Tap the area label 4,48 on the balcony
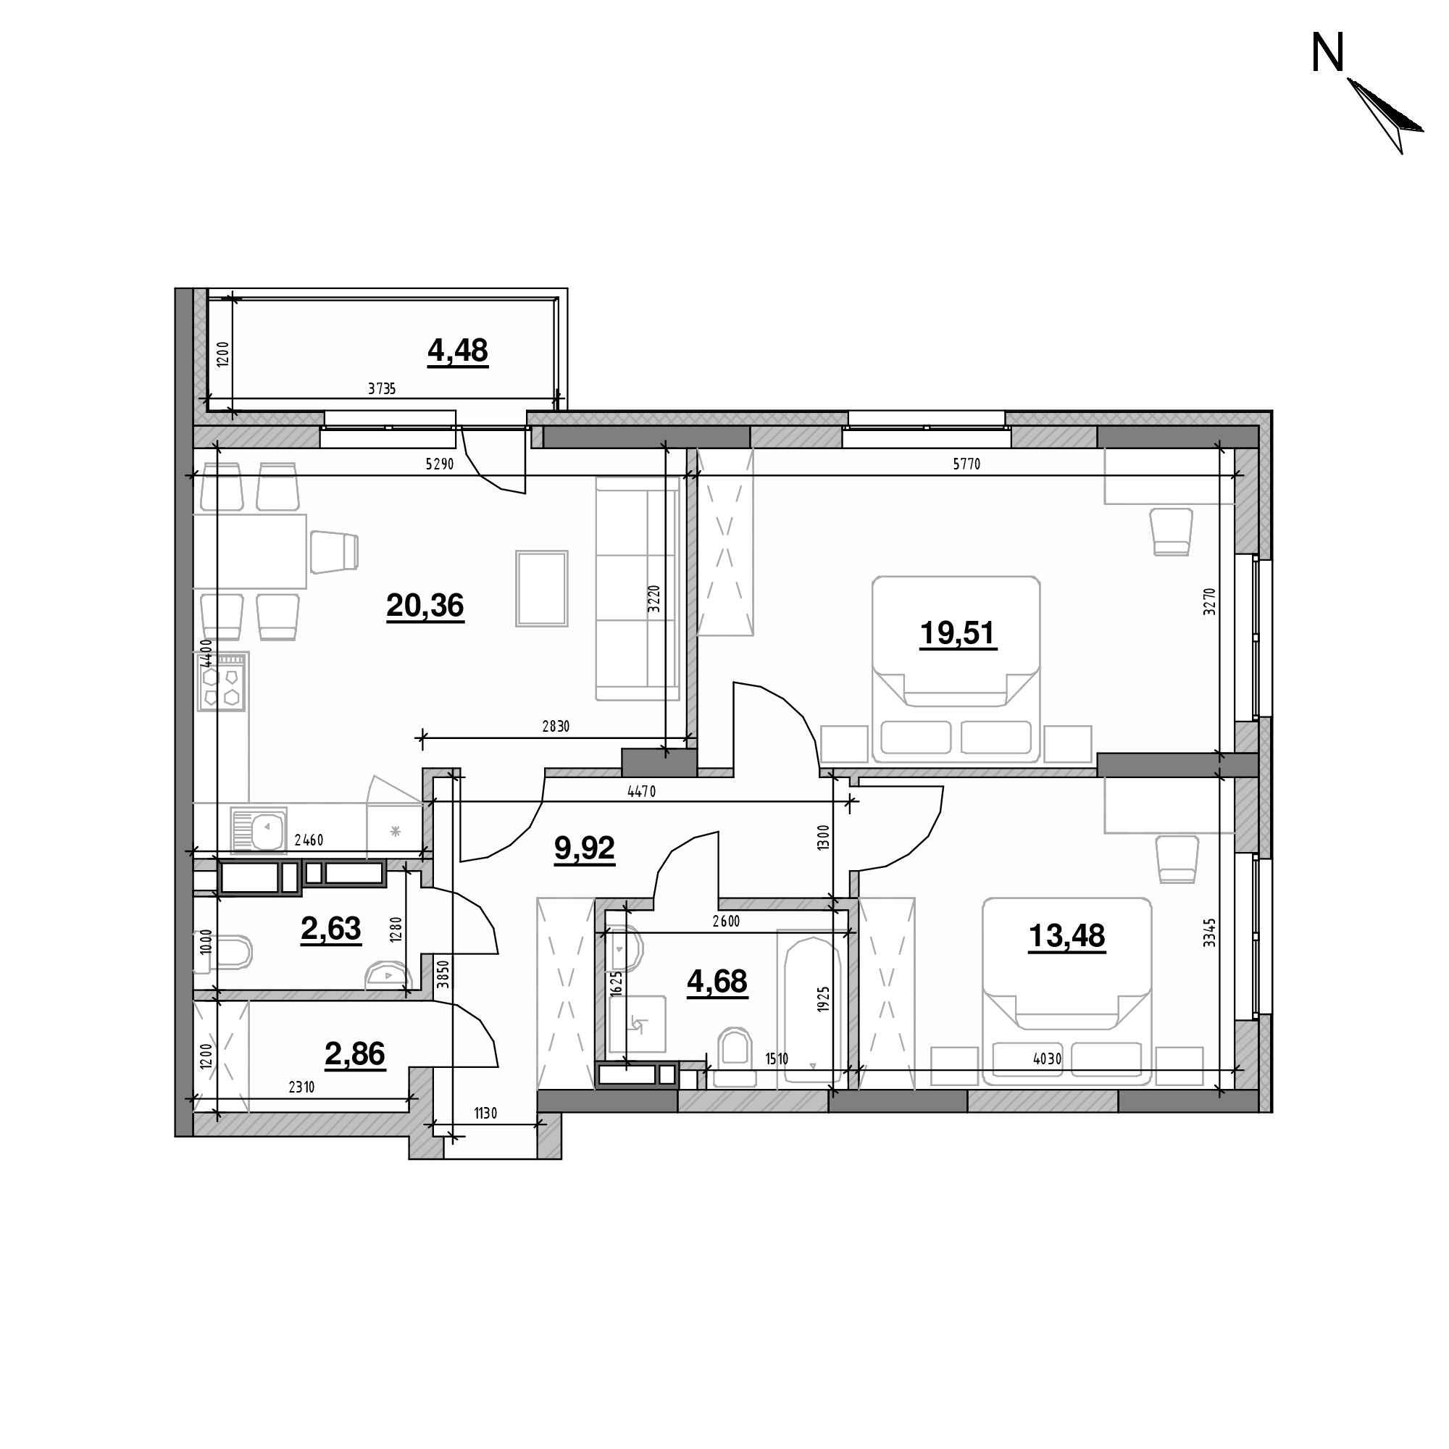point(457,350)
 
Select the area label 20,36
point(425,605)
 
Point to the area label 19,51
point(958,634)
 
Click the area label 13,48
point(1066,936)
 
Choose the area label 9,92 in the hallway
point(584,848)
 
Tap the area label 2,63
point(331,930)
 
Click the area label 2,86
point(355,1053)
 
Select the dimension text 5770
point(966,464)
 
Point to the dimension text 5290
point(440,464)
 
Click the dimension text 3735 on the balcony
point(382,388)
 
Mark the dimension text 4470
point(641,791)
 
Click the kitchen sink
point(259,830)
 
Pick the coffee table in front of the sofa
point(541,588)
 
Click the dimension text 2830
point(556,726)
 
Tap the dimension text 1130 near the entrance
point(485,1114)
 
